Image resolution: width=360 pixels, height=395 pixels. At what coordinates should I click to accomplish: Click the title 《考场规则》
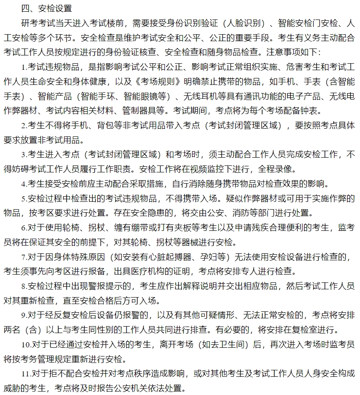[156, 81]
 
